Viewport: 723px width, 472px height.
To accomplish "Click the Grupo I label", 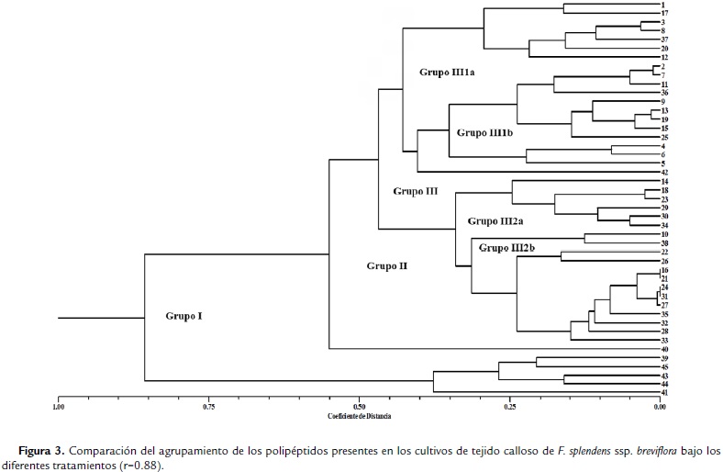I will (184, 316).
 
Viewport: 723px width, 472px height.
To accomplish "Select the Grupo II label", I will (386, 266).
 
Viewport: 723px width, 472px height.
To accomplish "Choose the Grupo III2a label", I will (495, 221).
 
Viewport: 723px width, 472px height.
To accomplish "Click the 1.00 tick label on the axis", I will (58, 406).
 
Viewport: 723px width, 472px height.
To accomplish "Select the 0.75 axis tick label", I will (208, 406).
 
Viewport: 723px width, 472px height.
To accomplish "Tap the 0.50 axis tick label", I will (359, 406).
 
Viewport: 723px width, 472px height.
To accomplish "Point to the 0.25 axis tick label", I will (509, 406).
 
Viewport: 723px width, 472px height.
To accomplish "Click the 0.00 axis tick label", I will (660, 406).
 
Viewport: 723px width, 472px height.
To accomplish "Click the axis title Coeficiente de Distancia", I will (359, 416).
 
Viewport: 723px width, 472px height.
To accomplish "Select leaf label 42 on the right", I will (663, 172).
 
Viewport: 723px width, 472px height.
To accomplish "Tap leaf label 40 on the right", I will (663, 349).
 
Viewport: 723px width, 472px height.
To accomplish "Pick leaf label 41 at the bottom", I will (663, 392).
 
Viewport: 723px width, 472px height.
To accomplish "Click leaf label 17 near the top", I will (663, 13).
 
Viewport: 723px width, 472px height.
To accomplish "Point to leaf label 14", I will (663, 182).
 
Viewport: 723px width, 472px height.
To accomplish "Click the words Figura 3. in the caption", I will (42, 451).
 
